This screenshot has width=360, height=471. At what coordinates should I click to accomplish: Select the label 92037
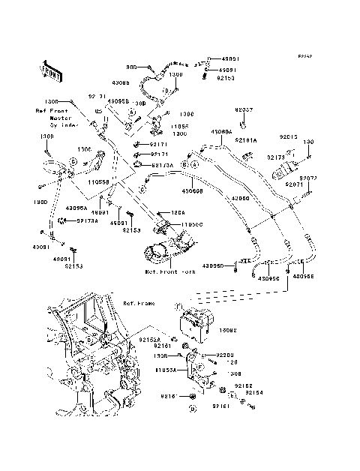pyautogui.click(x=248, y=109)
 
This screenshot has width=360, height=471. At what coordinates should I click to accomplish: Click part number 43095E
pyautogui.click(x=304, y=276)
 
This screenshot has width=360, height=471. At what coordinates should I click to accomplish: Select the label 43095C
pyautogui.click(x=269, y=277)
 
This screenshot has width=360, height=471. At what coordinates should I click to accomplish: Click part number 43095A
pyautogui.click(x=77, y=208)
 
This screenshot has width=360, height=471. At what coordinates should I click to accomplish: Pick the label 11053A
pyautogui.click(x=166, y=370)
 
